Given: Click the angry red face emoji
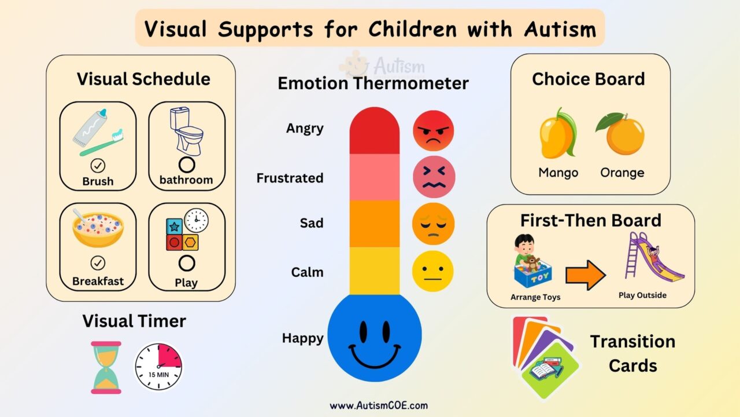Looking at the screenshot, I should pos(433,131).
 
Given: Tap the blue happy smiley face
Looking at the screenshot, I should pos(375,338).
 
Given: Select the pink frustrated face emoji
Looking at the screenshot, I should pos(434,177).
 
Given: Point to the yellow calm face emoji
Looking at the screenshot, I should pos(432,271).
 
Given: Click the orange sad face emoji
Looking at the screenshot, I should pos(433,224).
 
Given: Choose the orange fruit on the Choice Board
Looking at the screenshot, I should pos(621,134).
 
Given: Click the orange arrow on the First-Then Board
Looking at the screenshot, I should pos(585,275).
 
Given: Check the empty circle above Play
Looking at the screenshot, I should pos(186,264).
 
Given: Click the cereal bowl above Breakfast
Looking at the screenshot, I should pos(98,228).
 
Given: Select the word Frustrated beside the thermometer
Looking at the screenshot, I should pos(290,178).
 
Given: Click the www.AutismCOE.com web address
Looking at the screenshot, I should pos(379,405).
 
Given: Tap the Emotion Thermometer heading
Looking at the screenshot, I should pos(373,83).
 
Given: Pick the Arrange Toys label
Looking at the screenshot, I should pos(535,298).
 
